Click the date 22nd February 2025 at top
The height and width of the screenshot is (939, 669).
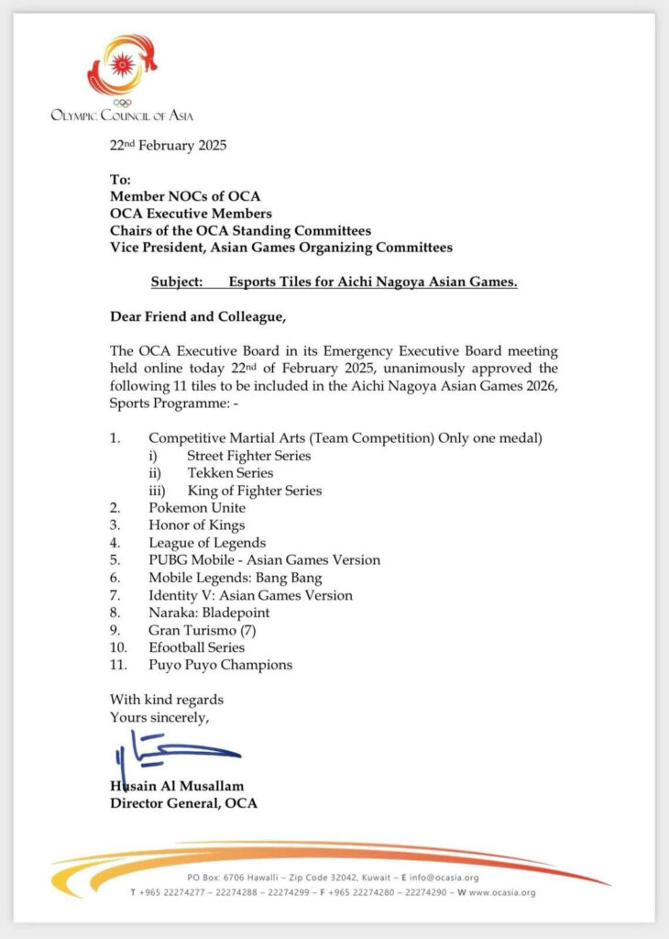168,145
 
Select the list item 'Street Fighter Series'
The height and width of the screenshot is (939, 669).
248,456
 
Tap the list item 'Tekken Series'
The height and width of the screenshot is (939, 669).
230,473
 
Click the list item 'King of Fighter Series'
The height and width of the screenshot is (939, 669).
254,491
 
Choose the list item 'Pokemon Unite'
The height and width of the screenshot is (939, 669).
197,508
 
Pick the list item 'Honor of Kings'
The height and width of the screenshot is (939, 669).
196,525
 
